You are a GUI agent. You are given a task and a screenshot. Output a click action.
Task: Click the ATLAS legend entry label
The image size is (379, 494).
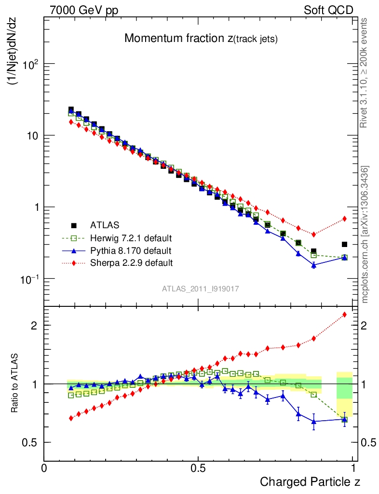(105, 225)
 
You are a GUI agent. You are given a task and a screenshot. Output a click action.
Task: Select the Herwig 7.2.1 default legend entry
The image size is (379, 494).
(131, 238)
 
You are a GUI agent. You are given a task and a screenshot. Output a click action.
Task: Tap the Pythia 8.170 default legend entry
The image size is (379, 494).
(130, 251)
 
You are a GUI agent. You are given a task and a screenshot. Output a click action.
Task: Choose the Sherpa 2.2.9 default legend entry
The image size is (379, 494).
(131, 263)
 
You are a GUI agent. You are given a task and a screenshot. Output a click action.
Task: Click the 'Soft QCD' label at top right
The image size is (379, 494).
(328, 10)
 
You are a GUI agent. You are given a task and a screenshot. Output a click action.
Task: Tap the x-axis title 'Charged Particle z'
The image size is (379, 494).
(310, 481)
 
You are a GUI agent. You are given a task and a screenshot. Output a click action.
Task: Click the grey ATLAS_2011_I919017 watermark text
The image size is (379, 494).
(201, 288)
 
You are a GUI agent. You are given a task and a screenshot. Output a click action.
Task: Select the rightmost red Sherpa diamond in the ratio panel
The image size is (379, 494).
(344, 315)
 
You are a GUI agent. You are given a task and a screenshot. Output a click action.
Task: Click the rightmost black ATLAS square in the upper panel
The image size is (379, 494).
(344, 245)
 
